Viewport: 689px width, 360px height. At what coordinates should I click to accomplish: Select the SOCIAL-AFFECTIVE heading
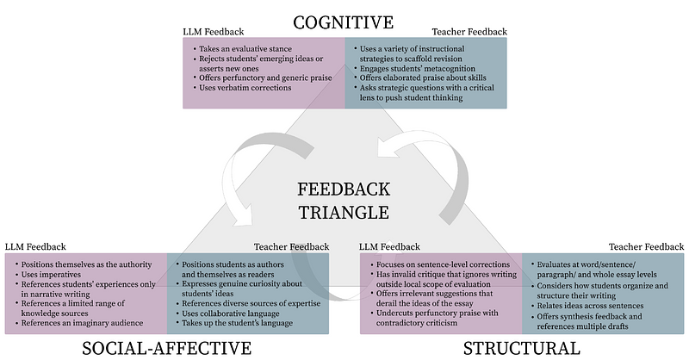[x=166, y=347]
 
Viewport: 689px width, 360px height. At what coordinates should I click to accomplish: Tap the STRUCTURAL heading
[x=522, y=347]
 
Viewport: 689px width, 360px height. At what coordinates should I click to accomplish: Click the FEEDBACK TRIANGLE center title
[x=344, y=199]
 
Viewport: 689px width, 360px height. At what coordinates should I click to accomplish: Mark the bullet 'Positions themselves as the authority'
[x=87, y=264]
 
